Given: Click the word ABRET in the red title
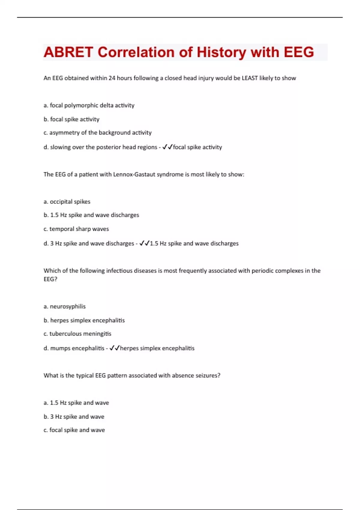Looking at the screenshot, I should click(68, 52).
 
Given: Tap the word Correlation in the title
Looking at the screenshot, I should click(136, 52).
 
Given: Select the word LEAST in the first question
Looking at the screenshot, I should click(250, 78).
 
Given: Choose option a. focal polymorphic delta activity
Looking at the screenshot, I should click(89, 105).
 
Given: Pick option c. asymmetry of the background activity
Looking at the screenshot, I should click(97, 133).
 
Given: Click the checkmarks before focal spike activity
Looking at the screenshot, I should click(167, 147).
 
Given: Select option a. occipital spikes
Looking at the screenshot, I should click(67, 202).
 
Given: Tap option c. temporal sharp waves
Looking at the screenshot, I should click(76, 229).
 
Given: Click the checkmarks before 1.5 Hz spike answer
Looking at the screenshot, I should click(144, 243).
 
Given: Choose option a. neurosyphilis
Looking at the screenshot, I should click(64, 306).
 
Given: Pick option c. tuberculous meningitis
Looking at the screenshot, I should click(77, 334).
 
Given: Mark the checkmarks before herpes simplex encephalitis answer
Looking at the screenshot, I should click(115, 348).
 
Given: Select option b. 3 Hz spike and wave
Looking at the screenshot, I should click(74, 416).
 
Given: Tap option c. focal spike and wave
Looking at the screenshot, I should click(74, 430).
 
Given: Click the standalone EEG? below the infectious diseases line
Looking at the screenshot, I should click(50, 279).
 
